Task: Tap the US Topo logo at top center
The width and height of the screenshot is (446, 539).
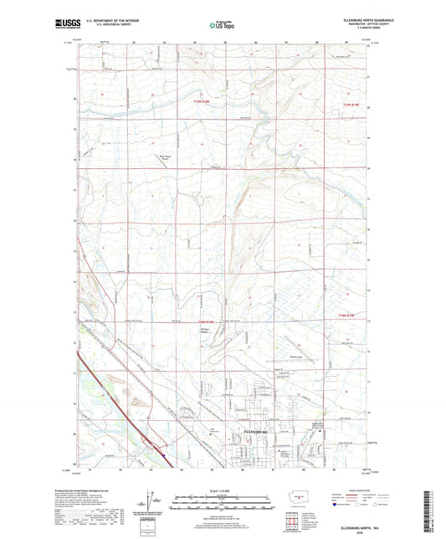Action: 220,25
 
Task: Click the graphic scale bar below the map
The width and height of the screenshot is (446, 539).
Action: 222,505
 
